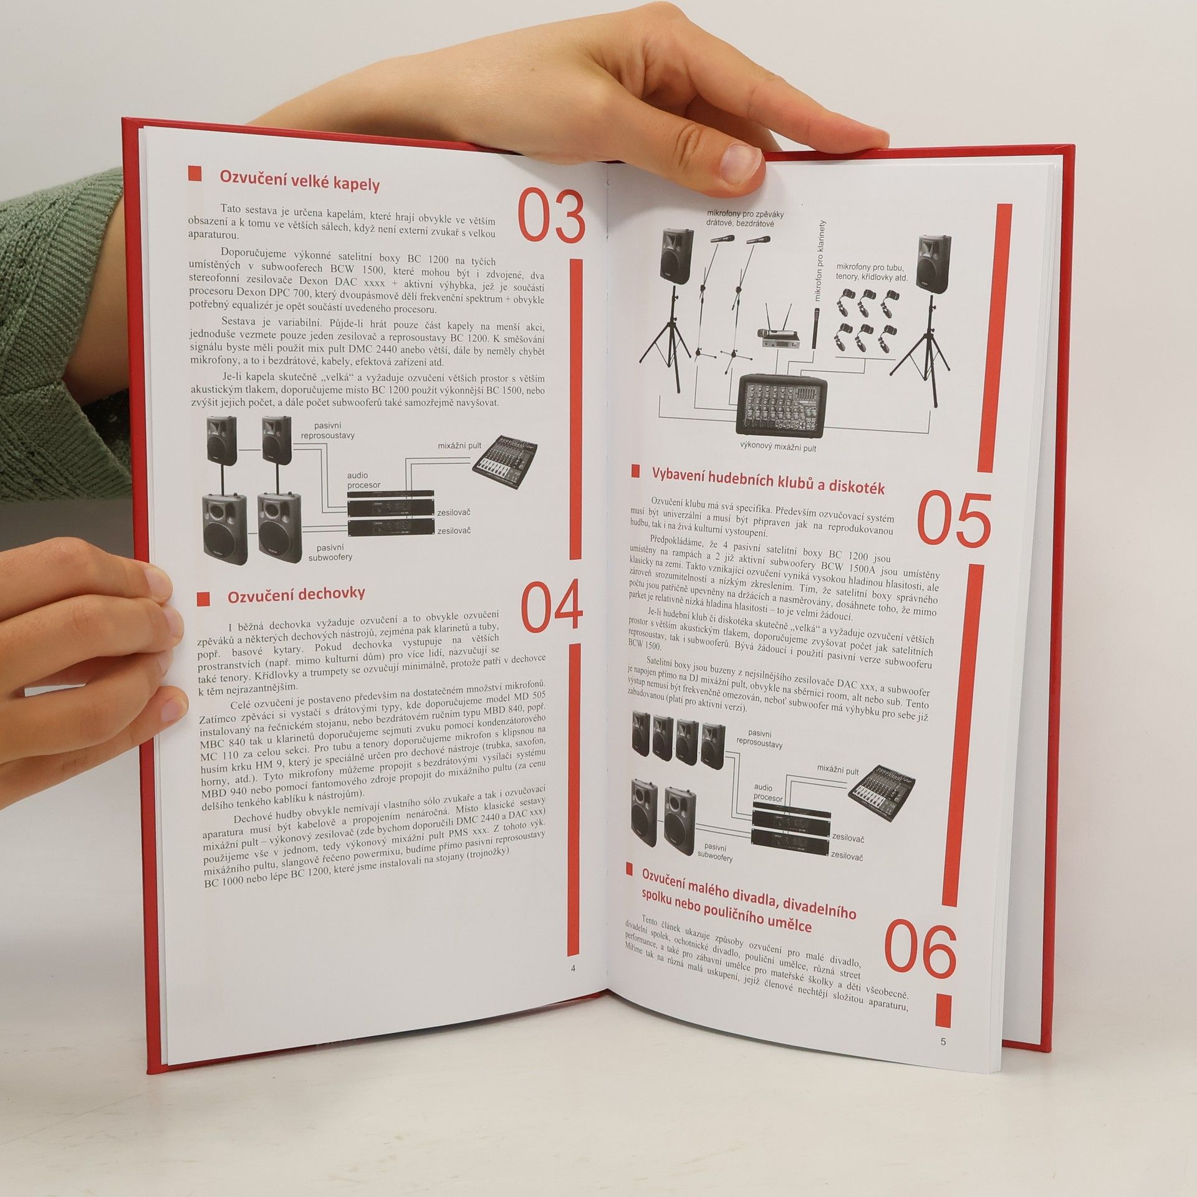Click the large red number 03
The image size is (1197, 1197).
click(551, 216)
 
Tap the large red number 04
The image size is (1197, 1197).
click(551, 606)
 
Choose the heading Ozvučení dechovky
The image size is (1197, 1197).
click(296, 595)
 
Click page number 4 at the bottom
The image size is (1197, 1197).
click(573, 986)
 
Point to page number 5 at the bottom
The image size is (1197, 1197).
click(943, 1041)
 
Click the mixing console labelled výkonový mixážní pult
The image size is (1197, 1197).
click(781, 403)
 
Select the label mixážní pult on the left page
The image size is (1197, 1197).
click(459, 446)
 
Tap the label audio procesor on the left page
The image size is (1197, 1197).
click(364, 480)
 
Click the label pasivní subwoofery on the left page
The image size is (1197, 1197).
click(330, 552)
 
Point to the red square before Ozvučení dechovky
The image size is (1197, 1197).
click(203, 599)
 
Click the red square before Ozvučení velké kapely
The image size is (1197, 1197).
click(195, 174)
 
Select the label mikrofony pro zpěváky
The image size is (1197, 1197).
click(745, 214)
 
